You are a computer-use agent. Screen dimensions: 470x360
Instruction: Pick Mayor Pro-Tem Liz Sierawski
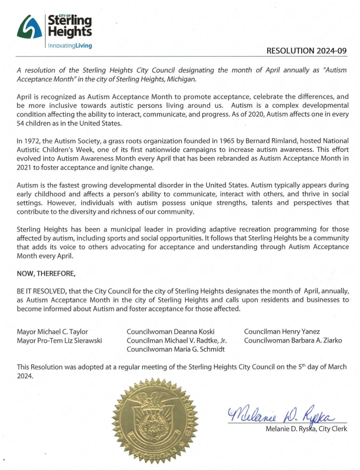[x=61, y=340]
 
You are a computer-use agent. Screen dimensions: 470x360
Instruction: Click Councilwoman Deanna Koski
[x=170, y=331]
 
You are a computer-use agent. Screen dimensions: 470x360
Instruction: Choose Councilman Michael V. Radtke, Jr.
[x=176, y=340]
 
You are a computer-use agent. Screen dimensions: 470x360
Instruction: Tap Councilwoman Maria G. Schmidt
[x=174, y=350]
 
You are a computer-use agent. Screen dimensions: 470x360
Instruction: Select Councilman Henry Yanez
[x=281, y=331]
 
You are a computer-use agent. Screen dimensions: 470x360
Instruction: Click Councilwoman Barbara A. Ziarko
[x=293, y=340]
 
